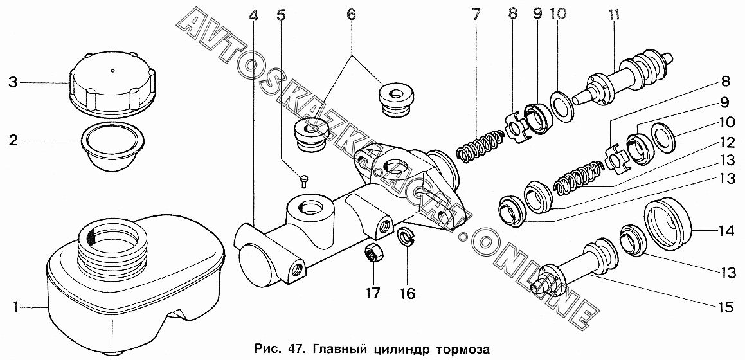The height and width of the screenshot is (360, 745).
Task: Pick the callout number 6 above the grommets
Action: pos(351,13)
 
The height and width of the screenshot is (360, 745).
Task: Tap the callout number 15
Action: pos(725,308)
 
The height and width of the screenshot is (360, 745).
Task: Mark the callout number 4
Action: pos(255,13)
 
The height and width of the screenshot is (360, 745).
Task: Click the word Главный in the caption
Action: pos(334,349)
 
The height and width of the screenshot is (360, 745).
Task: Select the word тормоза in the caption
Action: pos(463,349)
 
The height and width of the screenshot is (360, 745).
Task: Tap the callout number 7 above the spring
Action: pos(476,13)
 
